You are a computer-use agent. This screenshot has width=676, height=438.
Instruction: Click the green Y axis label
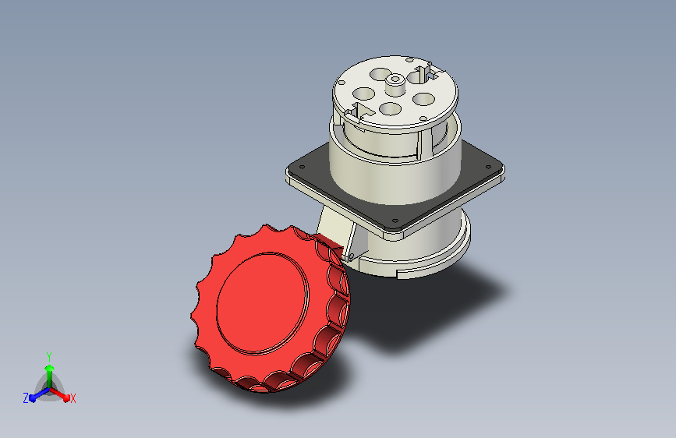[x=49, y=357]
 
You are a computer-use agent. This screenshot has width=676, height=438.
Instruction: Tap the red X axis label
[x=73, y=399]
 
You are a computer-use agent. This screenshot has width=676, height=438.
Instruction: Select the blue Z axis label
[x=26, y=398]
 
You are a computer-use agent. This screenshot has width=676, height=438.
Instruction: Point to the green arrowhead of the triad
[x=50, y=369]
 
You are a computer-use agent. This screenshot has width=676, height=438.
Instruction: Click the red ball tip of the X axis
[x=66, y=398]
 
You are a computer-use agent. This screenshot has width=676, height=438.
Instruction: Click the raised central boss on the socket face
[x=395, y=84]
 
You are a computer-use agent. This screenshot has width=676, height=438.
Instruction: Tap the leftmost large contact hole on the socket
[x=364, y=94]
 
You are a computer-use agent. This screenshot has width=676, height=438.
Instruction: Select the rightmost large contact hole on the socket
[x=423, y=100]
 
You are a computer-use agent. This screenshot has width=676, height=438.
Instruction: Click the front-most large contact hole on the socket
[x=391, y=108]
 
